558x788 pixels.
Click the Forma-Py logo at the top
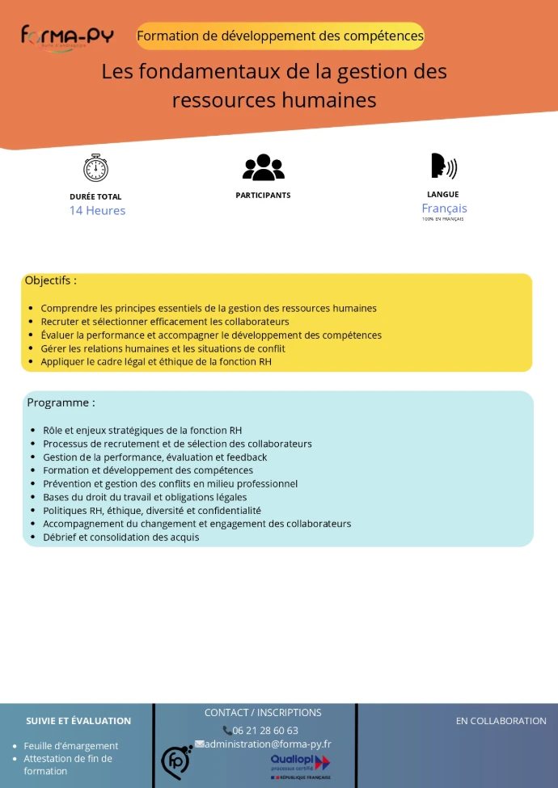click(67, 37)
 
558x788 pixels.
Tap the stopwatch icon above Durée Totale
click(95, 167)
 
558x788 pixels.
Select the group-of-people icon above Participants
click(264, 167)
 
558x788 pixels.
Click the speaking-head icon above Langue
click(443, 166)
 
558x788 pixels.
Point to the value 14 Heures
click(97, 211)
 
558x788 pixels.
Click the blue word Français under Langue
click(444, 209)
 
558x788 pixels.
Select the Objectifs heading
click(51, 281)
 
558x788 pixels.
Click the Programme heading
click(61, 402)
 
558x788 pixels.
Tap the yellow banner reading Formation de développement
click(280, 36)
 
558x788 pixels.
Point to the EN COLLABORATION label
click(501, 721)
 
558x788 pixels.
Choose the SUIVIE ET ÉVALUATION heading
click(78, 721)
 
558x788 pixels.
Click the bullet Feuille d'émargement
click(71, 746)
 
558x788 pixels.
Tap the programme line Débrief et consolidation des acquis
click(120, 537)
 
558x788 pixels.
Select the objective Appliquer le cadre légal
click(156, 362)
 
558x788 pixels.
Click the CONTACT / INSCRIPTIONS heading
click(263, 713)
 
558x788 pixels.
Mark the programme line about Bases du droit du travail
click(145, 497)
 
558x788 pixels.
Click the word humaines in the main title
click(331, 100)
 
